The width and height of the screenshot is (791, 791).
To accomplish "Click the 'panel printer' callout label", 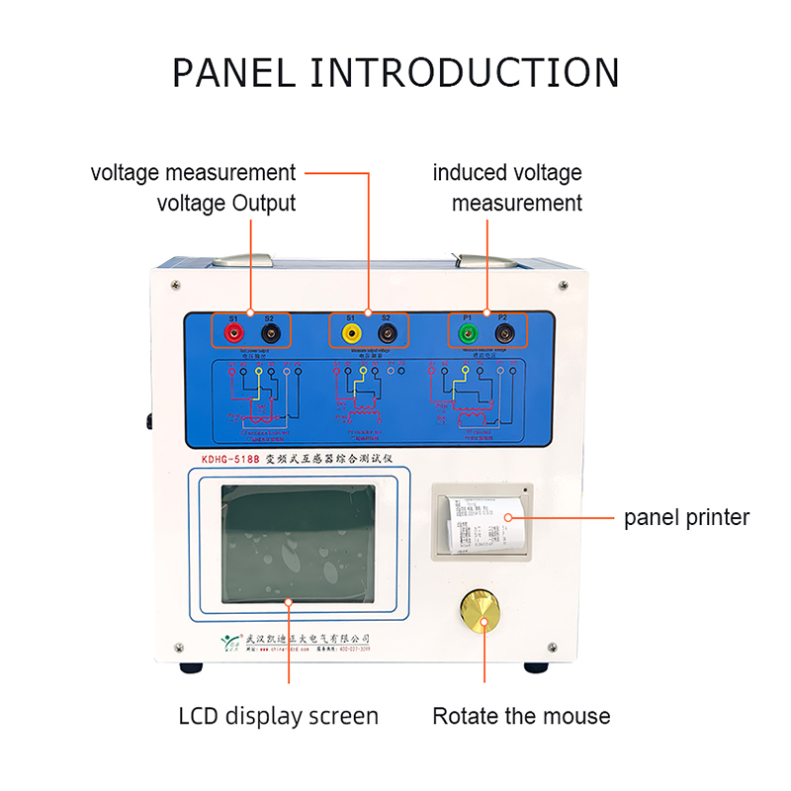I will [686, 517].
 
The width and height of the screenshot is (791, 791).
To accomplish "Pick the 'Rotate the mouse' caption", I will [521, 716].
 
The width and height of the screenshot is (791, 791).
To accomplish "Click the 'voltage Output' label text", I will [226, 204].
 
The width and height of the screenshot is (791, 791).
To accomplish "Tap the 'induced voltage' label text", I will [507, 172].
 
